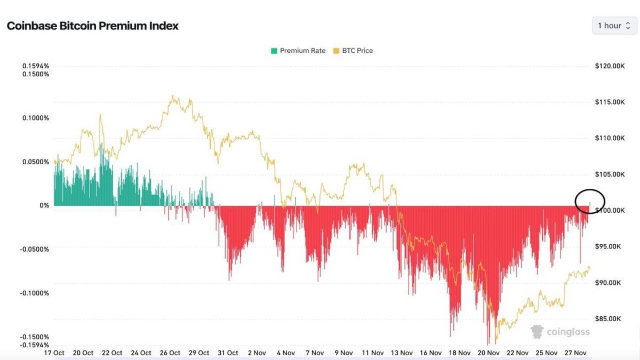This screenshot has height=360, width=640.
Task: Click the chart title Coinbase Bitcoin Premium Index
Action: (92, 26)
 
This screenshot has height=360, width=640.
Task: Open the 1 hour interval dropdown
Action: (614, 26)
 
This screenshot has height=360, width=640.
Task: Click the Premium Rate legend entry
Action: (298, 51)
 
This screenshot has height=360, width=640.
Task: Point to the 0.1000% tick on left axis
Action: (35, 118)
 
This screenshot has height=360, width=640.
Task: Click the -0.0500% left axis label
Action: (35, 249)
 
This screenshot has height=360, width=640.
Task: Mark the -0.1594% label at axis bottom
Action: (35, 345)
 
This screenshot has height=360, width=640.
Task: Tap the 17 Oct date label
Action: (54, 353)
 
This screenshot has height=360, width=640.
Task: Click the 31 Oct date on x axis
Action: (229, 353)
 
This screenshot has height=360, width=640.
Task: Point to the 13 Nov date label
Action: (402, 353)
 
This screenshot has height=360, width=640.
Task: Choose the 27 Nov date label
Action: (576, 353)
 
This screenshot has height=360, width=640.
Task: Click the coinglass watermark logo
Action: (560, 332)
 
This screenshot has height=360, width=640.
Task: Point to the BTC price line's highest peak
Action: (173, 97)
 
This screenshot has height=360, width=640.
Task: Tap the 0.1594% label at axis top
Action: (35, 66)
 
